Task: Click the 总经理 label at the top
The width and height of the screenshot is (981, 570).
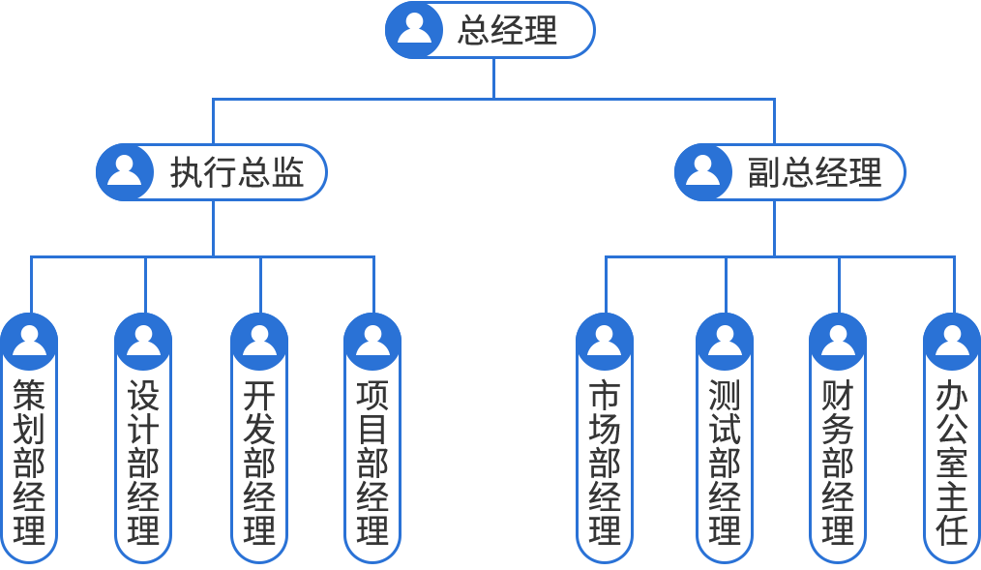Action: click(508, 30)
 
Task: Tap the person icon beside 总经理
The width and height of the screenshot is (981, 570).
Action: click(414, 28)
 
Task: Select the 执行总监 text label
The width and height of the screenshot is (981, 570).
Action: click(237, 173)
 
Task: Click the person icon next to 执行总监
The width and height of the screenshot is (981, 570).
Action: click(124, 169)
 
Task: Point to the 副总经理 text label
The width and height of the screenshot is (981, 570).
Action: click(815, 173)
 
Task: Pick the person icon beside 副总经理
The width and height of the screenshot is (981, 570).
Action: click(702, 169)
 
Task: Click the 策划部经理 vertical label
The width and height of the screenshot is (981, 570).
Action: click(29, 462)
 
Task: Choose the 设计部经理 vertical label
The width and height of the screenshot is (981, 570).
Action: click(143, 462)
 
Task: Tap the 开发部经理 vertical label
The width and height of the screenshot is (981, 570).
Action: click(259, 462)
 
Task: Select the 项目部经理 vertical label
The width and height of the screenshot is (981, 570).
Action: click(372, 462)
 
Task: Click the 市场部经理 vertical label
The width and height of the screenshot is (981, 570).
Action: click(604, 462)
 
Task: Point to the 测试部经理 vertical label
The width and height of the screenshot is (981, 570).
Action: click(725, 462)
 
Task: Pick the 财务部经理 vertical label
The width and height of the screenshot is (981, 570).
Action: click(838, 462)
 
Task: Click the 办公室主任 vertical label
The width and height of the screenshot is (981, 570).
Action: click(952, 462)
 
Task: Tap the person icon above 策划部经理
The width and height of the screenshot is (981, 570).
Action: click(29, 340)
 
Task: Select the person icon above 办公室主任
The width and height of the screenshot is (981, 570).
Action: click(952, 340)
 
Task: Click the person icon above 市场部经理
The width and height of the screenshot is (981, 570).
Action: click(604, 340)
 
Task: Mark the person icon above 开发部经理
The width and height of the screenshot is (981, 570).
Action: click(259, 340)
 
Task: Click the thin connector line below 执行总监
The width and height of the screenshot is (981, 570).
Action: click(213, 227)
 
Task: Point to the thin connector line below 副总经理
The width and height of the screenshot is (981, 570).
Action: click(774, 227)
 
